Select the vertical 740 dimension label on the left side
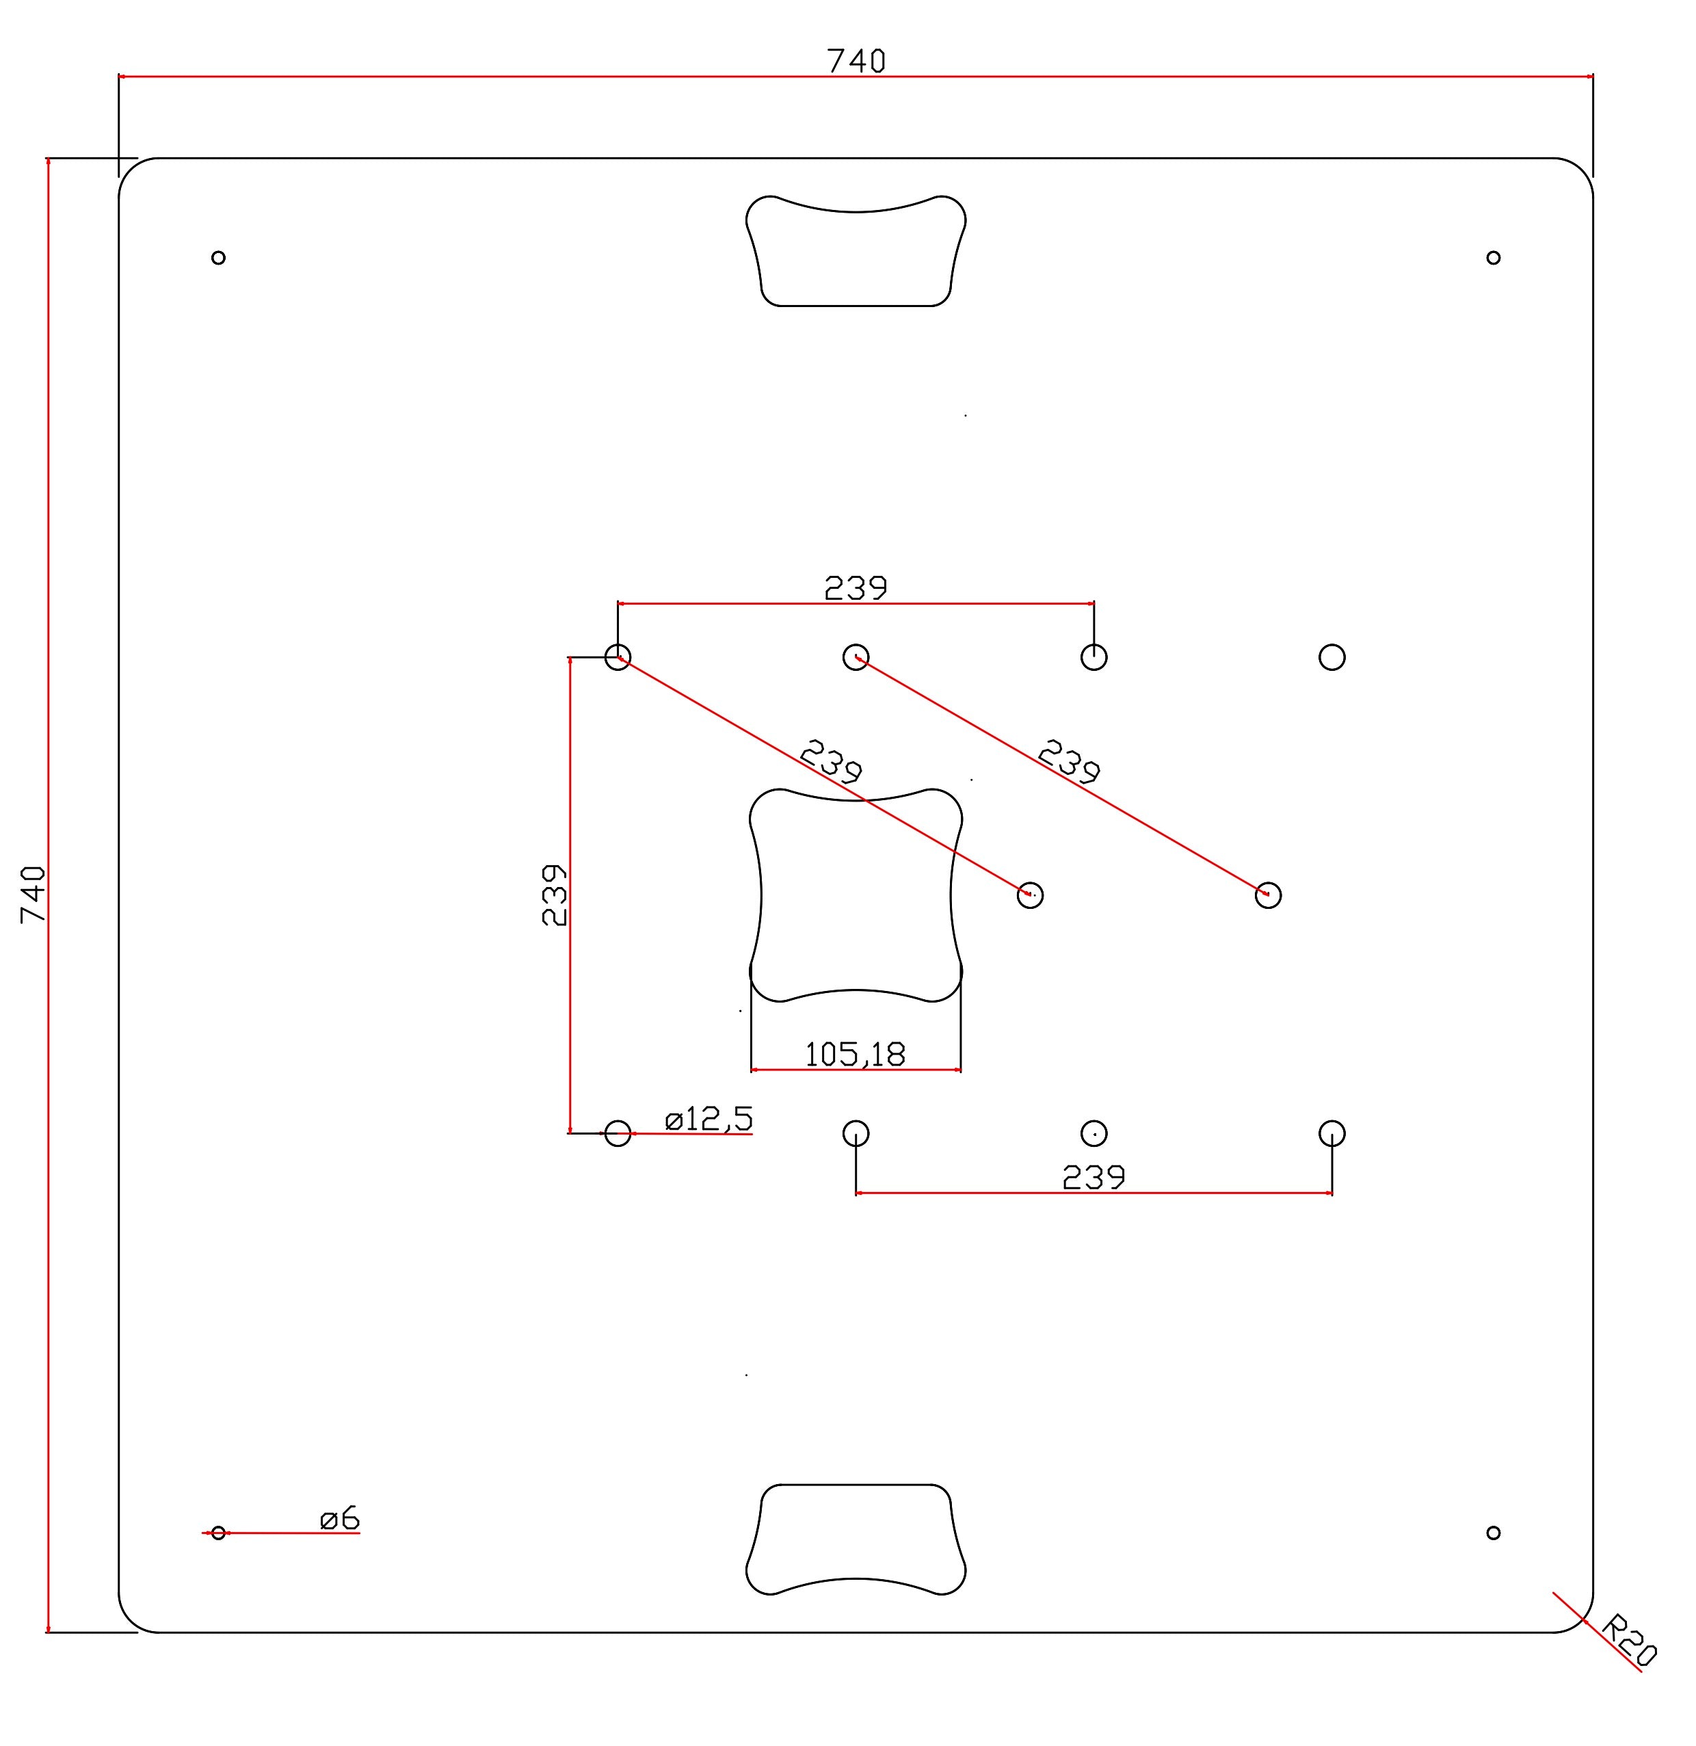[x=33, y=895]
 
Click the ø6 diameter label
[x=339, y=1518]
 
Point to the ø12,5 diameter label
[x=708, y=1119]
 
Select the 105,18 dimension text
[x=854, y=1055]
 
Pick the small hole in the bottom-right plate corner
[x=1494, y=1533]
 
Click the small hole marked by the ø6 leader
[x=218, y=1533]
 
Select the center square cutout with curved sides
[x=855, y=895]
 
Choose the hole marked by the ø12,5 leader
[x=618, y=1134]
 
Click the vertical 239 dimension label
[x=554, y=895]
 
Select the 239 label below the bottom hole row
[x=1093, y=1178]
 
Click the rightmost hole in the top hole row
[x=1331, y=657]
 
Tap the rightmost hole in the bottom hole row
[x=1331, y=1134]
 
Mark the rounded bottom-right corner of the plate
[x=1581, y=1622]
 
